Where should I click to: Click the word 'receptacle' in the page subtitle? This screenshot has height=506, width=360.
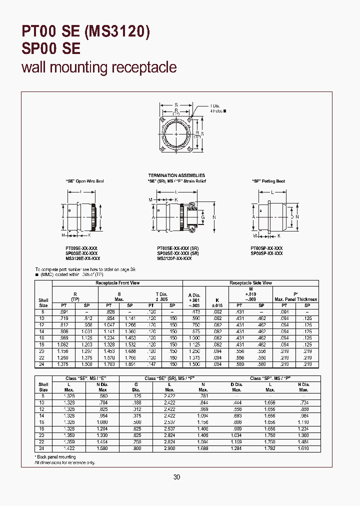[x=144, y=67]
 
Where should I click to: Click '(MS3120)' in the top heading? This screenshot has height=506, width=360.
[x=116, y=32]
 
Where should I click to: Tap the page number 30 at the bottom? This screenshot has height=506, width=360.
[x=176, y=477]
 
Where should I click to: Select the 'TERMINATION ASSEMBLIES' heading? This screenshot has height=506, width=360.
[x=177, y=175]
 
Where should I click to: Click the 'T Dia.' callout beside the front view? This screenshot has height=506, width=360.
[x=215, y=106]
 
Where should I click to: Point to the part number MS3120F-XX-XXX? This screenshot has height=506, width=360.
[x=174, y=258]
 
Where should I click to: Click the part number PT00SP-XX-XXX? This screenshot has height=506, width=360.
[x=266, y=248]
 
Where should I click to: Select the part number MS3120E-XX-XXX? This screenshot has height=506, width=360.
[x=82, y=258]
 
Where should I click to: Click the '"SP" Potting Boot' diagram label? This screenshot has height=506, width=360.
[x=268, y=181]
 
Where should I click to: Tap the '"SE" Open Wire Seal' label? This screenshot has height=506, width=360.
[x=81, y=181]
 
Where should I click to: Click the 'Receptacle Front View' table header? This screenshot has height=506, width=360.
[x=118, y=283]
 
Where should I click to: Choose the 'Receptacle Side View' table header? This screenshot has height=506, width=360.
[x=250, y=283]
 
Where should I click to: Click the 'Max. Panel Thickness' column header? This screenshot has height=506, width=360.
[x=295, y=299]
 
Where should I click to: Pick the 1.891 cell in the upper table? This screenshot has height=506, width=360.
[x=130, y=364]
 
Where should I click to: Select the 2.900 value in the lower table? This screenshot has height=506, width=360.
[x=169, y=448]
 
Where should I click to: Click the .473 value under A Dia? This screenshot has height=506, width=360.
[x=193, y=311]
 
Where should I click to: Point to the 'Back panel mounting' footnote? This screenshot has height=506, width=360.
[x=56, y=457]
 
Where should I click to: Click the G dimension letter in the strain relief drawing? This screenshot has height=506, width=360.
[x=202, y=217]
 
